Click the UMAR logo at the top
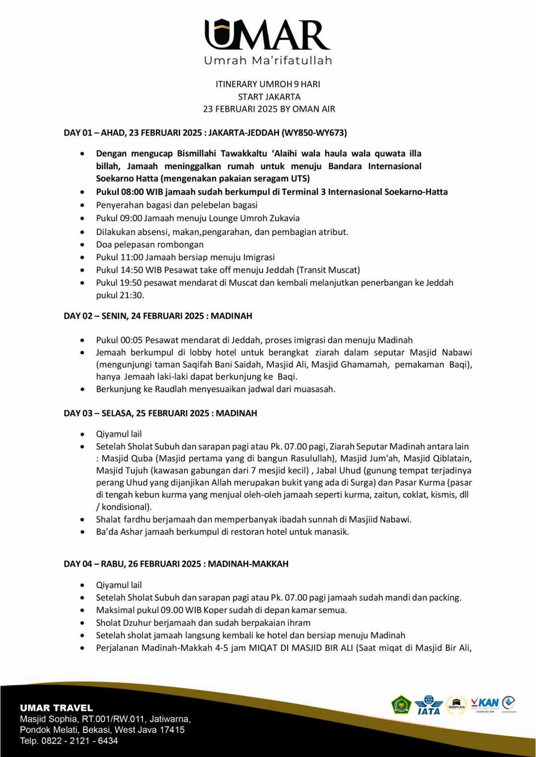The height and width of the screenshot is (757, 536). point(267,35)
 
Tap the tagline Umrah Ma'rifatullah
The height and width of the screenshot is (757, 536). point(268,61)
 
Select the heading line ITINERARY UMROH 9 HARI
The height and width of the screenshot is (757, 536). point(268,84)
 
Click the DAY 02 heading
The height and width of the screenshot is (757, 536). point(158,316)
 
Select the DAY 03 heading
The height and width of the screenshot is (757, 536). point(160,413)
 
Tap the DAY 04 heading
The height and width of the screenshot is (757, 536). point(176,564)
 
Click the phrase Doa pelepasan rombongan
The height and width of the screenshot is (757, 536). point(150,245)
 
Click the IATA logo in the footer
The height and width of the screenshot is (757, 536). point(428,706)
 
